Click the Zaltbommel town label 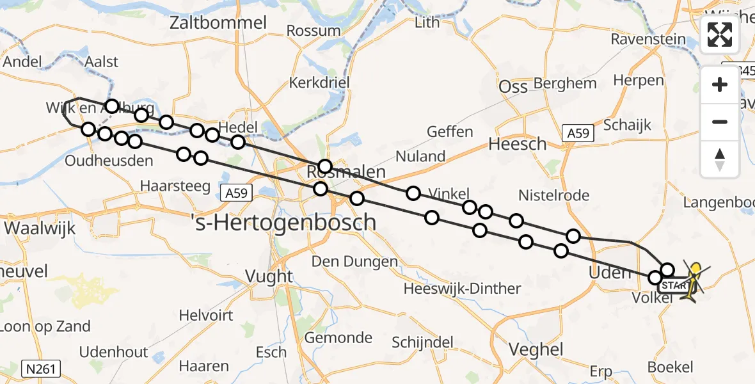tap(218, 23)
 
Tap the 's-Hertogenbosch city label tap(283, 223)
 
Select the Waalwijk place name tap(40, 228)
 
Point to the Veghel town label tap(536, 349)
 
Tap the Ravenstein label tap(648, 39)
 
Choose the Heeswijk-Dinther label tap(462, 289)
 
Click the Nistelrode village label tap(553, 196)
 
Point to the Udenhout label tap(114, 352)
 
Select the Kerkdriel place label tap(317, 83)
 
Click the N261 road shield tap(40, 369)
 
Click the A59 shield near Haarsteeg tap(239, 192)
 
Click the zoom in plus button tap(720, 84)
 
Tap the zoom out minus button tap(720, 122)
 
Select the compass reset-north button tap(720, 159)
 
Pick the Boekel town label tap(670, 367)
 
